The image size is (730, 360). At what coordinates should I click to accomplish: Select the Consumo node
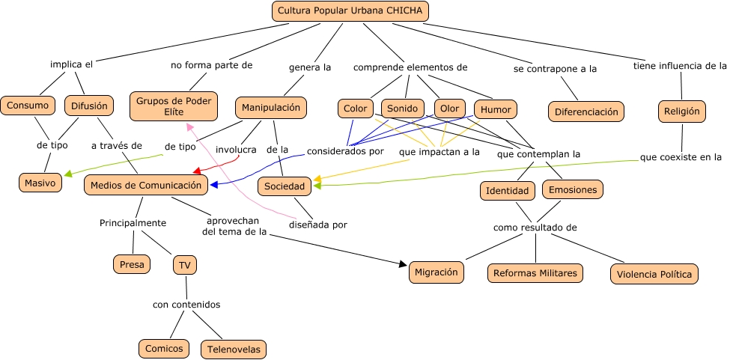coord(28,106)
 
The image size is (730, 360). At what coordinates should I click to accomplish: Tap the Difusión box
coord(89,106)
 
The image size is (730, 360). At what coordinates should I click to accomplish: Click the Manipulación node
coord(271,108)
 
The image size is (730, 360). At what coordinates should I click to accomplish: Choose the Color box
coord(356,109)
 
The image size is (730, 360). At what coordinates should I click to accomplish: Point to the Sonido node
coord(403,109)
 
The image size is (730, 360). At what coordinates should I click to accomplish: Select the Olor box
coord(450,109)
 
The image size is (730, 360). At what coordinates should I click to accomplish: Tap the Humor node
coord(496,110)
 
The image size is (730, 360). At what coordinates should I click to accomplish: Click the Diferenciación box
coord(586,112)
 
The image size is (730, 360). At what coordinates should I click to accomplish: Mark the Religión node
coord(681,112)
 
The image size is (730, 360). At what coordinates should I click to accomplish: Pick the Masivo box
coord(40,183)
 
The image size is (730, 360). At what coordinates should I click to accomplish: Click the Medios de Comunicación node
coord(146,185)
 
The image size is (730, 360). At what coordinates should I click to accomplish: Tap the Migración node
coord(437,272)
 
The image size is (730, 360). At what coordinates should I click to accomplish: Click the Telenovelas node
coord(234,349)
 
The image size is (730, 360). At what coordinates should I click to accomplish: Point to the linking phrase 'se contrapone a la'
coord(555,69)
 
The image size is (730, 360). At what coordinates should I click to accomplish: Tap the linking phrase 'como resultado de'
coord(535,228)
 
